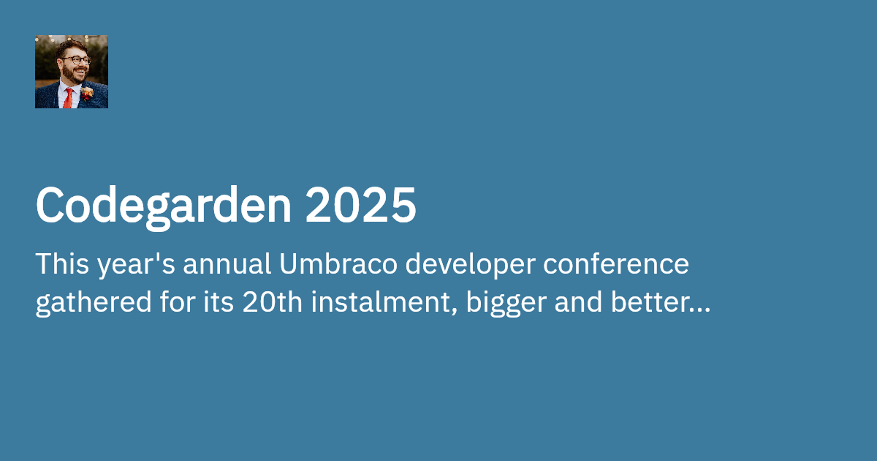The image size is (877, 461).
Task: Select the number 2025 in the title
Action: pyautogui.click(x=360, y=206)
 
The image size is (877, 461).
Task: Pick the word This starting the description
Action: pyautogui.click(x=59, y=264)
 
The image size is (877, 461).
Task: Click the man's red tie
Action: pyautogui.click(x=67, y=99)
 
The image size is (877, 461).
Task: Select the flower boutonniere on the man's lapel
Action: pyautogui.click(x=87, y=93)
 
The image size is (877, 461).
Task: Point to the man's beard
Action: pyautogui.click(x=73, y=75)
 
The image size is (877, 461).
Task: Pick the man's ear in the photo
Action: pyautogui.click(x=61, y=61)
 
